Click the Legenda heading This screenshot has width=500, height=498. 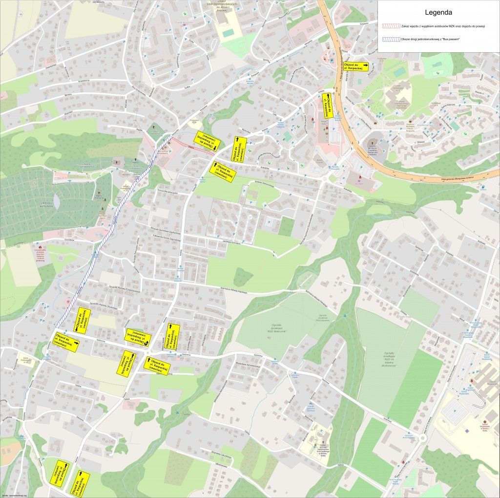438,12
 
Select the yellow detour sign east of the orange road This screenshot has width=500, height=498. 355,66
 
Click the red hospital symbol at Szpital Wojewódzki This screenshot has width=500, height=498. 472,381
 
